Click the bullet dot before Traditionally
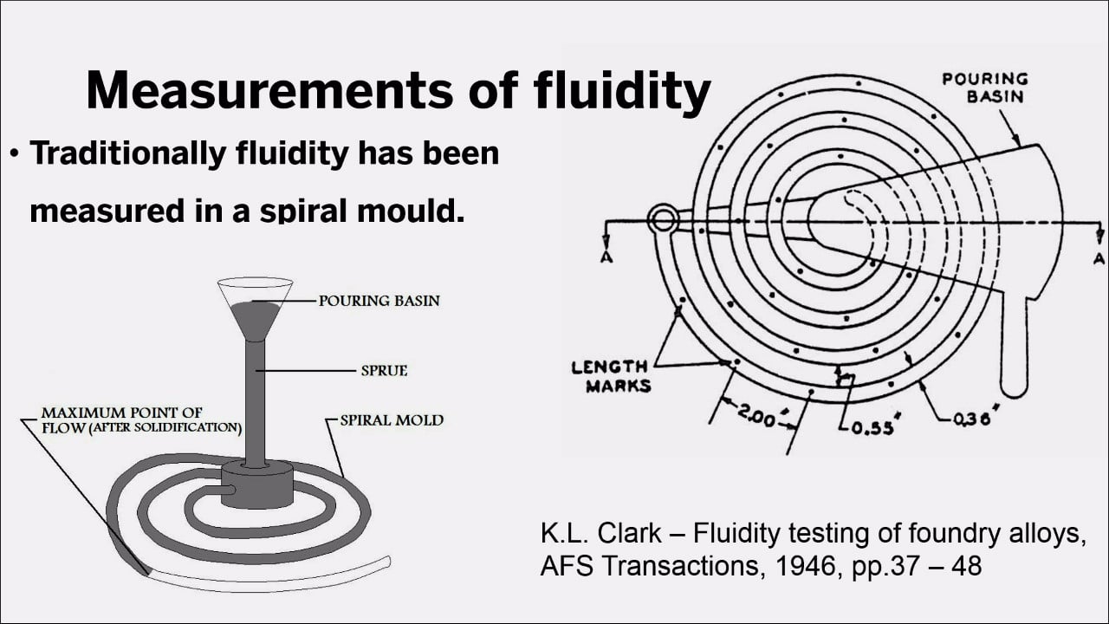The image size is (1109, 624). (15, 154)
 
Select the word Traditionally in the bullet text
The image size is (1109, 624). (127, 153)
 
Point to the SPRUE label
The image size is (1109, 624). (384, 371)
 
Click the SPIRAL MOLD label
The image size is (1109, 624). (392, 420)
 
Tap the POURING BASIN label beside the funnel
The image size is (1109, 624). (379, 302)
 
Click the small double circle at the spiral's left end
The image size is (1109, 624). (663, 218)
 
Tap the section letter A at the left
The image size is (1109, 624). (605, 257)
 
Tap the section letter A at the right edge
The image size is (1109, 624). (1099, 258)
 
